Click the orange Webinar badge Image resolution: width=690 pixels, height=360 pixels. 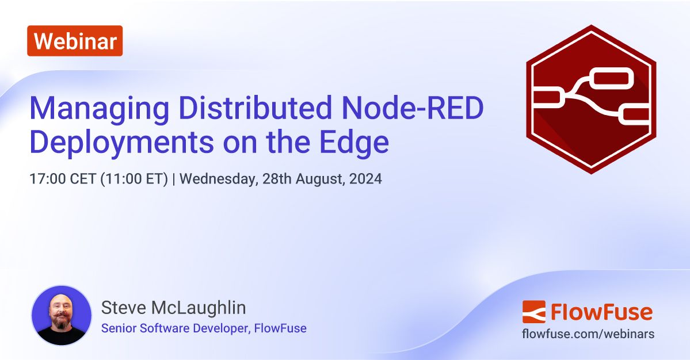pos(75,41)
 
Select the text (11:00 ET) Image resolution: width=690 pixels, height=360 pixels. pos(134,179)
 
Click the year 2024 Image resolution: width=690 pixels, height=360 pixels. pos(366,179)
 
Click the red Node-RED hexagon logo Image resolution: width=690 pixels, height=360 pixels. pos(591,99)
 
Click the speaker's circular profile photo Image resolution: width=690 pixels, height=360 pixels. pos(61,315)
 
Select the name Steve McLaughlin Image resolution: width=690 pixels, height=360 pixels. pos(173,308)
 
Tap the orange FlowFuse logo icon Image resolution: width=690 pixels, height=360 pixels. pos(533,312)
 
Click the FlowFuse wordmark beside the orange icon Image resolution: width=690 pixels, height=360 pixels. pos(601,312)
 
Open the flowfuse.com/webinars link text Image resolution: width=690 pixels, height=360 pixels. pos(588,334)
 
